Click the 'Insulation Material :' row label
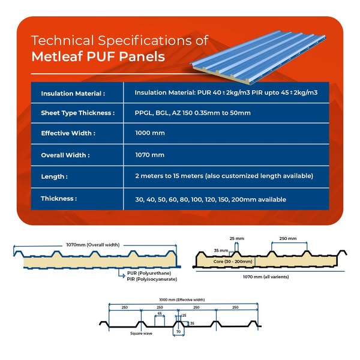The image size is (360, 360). coord(73,94)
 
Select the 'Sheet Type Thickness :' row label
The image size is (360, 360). coord(77,113)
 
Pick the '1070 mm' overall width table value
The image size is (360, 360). coord(149,155)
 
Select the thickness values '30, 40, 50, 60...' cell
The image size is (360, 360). coord(211,199)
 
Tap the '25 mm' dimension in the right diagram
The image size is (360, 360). coord(236,238)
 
